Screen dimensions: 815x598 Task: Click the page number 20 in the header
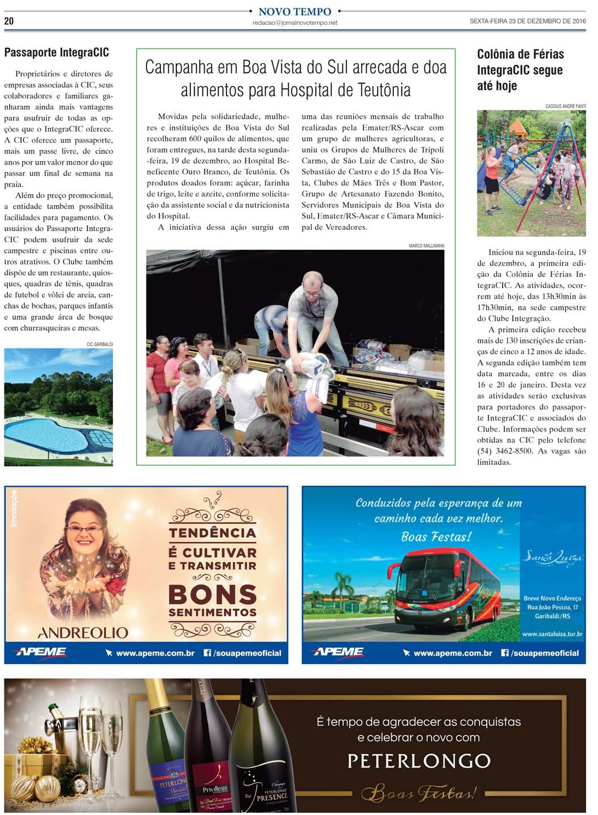tap(8, 21)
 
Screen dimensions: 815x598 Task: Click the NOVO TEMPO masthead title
tap(294, 11)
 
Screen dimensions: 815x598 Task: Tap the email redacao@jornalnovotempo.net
tap(294, 23)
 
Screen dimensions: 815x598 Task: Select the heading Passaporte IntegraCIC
tap(57, 53)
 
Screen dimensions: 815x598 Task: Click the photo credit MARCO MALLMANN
tap(426, 246)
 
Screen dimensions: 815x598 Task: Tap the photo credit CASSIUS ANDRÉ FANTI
tap(565, 106)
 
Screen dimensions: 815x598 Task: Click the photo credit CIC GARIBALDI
tap(99, 344)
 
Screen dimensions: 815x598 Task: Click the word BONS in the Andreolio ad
tap(213, 595)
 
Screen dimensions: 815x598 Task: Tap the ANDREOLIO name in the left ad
tap(83, 632)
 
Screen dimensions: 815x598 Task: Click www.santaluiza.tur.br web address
tap(552, 634)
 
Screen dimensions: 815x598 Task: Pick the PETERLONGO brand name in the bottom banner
tap(419, 761)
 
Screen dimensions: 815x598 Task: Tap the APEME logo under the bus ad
tap(338, 652)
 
